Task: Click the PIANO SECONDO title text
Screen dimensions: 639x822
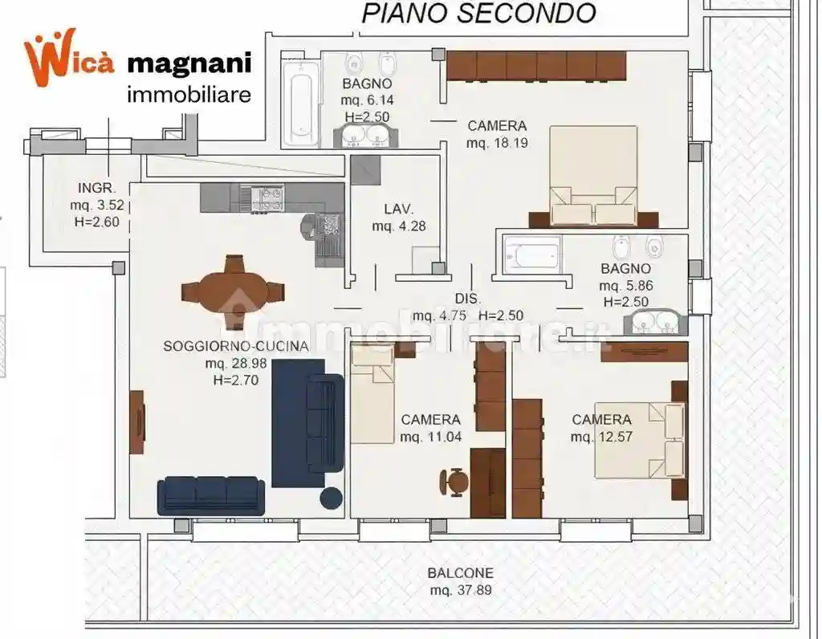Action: pyautogui.click(x=479, y=13)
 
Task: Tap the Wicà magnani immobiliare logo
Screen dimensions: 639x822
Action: pyautogui.click(x=138, y=67)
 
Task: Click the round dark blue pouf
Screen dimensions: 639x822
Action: pyautogui.click(x=331, y=498)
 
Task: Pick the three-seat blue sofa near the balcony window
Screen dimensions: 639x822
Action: pyautogui.click(x=211, y=495)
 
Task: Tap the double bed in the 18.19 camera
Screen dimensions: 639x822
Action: pyautogui.click(x=593, y=177)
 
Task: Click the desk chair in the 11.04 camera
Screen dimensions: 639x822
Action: pyautogui.click(x=455, y=482)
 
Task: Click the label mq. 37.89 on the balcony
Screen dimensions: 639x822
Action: pyautogui.click(x=460, y=590)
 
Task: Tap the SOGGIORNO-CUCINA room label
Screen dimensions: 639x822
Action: pyautogui.click(x=235, y=347)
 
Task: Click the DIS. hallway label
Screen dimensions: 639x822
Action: pyautogui.click(x=468, y=299)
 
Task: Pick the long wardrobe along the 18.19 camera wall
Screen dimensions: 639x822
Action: pyautogui.click(x=536, y=66)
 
